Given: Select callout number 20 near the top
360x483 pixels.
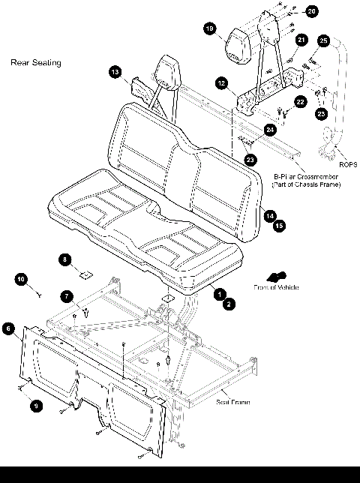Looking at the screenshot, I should click(x=311, y=11).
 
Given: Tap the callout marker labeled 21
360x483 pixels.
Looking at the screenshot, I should click(x=301, y=40).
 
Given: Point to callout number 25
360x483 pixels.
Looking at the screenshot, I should click(x=323, y=40).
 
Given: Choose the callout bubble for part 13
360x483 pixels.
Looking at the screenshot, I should click(x=115, y=71).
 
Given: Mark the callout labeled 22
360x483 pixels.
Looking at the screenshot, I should click(x=300, y=100).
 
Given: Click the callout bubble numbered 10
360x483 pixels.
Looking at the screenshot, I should click(x=22, y=279).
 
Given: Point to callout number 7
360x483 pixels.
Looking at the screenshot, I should click(x=66, y=297).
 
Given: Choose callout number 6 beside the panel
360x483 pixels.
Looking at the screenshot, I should click(x=8, y=328).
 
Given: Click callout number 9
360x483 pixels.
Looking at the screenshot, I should click(x=34, y=405).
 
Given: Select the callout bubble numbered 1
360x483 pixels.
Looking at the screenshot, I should click(x=220, y=295).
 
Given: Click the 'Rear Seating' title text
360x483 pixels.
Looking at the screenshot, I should click(x=35, y=63).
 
